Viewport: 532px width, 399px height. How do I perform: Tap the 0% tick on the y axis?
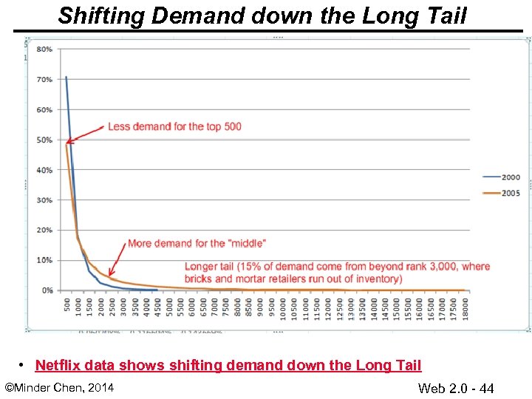click(46, 290)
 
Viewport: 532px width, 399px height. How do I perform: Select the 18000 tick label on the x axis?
click(465, 307)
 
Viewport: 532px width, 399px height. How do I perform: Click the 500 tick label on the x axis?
click(67, 304)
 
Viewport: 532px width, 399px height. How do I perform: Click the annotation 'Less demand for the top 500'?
click(174, 126)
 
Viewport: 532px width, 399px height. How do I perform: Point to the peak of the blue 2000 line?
click(66, 76)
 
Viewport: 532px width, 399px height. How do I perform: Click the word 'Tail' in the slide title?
click(446, 16)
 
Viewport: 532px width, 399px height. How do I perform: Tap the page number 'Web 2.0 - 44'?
click(455, 388)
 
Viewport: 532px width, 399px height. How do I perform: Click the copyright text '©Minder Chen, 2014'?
click(59, 387)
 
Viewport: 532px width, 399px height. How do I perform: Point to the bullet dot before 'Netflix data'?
click(24, 365)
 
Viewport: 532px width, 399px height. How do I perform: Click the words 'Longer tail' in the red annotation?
click(211, 267)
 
